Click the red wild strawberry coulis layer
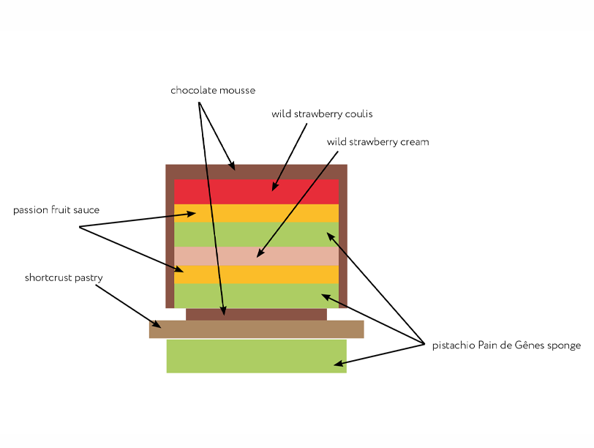point(219,192)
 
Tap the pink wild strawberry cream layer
point(219,256)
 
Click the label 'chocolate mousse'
point(203,91)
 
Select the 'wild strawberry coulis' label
point(322,114)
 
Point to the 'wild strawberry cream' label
point(377,142)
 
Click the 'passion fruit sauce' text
point(56,211)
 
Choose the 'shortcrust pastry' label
point(64,278)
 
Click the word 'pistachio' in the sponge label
point(453,346)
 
